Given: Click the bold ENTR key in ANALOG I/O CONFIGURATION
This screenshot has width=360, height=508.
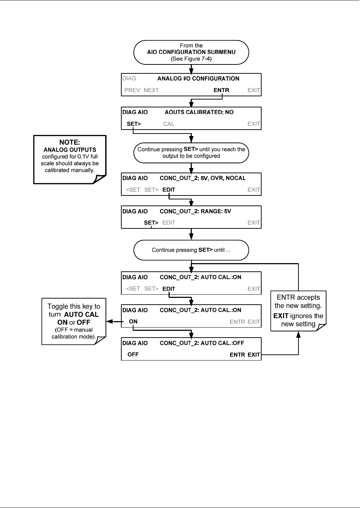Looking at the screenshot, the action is [221, 90].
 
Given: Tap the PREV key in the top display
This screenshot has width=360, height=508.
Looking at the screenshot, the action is [132, 90].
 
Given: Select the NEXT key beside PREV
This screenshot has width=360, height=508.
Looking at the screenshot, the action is [151, 90].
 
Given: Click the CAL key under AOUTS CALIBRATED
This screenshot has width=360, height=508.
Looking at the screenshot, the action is [169, 124].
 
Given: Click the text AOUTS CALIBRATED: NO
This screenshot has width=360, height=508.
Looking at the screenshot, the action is [199, 112].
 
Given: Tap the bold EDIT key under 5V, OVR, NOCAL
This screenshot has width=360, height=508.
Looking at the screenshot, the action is [169, 190].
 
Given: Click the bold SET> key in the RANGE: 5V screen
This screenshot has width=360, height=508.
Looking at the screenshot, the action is [151, 223].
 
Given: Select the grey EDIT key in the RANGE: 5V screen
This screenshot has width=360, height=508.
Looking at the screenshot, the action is [169, 223].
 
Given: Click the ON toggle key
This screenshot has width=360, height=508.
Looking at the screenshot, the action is [133, 321].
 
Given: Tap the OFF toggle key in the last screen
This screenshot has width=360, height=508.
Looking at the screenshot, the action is [133, 354].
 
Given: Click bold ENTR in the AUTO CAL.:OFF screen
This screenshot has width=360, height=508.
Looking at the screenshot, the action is [237, 355].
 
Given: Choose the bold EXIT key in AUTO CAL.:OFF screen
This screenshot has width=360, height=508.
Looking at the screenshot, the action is [254, 355].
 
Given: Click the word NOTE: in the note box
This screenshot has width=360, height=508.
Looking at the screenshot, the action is [69, 142].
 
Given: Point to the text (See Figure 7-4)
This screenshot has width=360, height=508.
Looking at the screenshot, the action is [191, 59].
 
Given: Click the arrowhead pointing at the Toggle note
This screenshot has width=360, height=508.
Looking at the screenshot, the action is [110, 321].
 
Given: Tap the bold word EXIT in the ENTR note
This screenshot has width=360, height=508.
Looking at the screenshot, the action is [281, 316].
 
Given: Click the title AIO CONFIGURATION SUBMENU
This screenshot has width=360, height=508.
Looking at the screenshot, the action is [191, 52].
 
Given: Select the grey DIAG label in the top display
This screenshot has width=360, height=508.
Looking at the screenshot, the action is [129, 78].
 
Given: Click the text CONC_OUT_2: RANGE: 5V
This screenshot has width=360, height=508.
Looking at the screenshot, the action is [195, 211].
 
